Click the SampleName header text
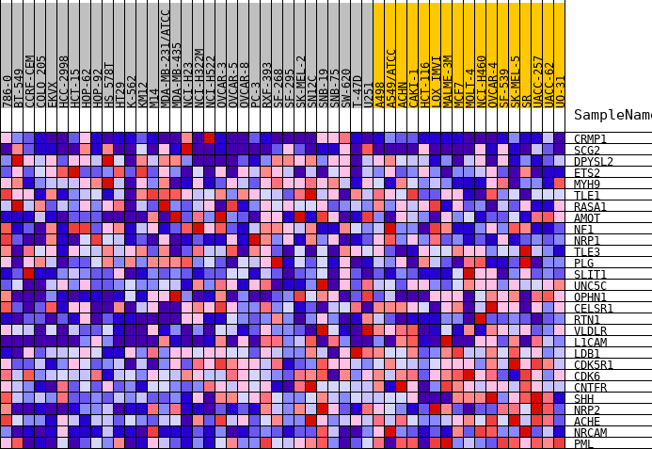pos(612,115)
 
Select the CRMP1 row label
pos(590,139)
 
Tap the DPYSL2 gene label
pos(593,162)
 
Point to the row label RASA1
pos(590,207)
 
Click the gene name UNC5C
pos(590,286)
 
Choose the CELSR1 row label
pos(593,309)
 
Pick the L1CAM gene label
pos(590,343)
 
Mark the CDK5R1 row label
pos(593,365)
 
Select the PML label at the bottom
pos(583,444)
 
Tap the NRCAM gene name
pos(590,433)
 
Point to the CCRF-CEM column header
pos(30,80)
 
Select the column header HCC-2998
pos(64,81)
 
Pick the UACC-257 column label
pos(538,81)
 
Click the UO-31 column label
pos(561,90)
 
